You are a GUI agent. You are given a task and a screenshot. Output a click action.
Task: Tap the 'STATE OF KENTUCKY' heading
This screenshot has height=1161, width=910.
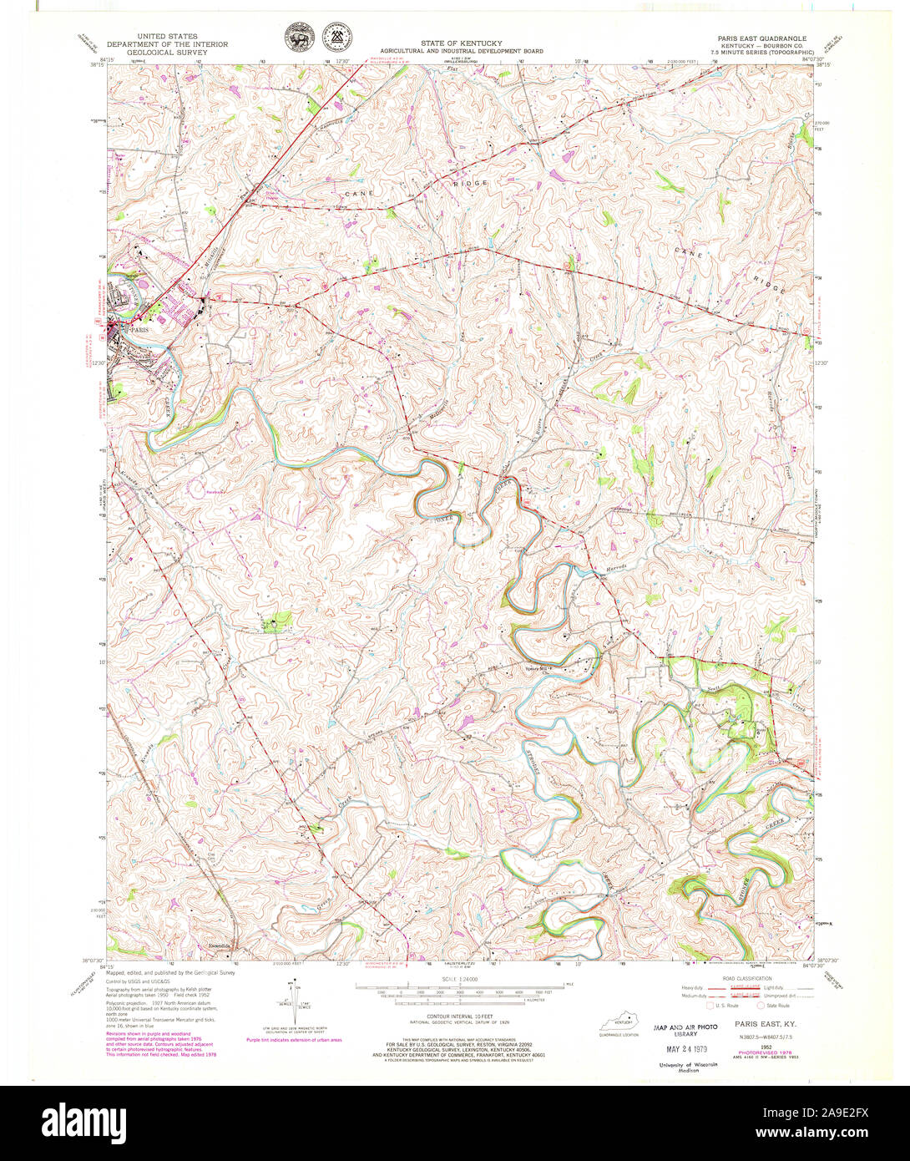[456, 43]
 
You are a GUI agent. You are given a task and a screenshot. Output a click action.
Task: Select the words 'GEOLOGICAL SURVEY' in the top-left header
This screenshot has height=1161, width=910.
[168, 51]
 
